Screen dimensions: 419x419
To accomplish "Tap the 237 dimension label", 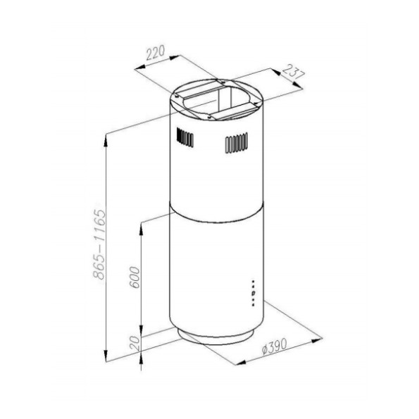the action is click(x=294, y=72).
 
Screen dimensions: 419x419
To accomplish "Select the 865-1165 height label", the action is click(x=99, y=244).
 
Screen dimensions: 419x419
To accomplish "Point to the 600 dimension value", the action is click(x=135, y=277).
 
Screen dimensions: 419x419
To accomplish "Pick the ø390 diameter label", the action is click(x=274, y=346).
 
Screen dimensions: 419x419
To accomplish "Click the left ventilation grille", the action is click(x=185, y=137).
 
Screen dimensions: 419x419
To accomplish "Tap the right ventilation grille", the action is click(x=237, y=143).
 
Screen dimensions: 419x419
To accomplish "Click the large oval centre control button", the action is click(x=254, y=294).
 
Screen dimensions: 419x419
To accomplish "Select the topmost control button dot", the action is click(x=253, y=282).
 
